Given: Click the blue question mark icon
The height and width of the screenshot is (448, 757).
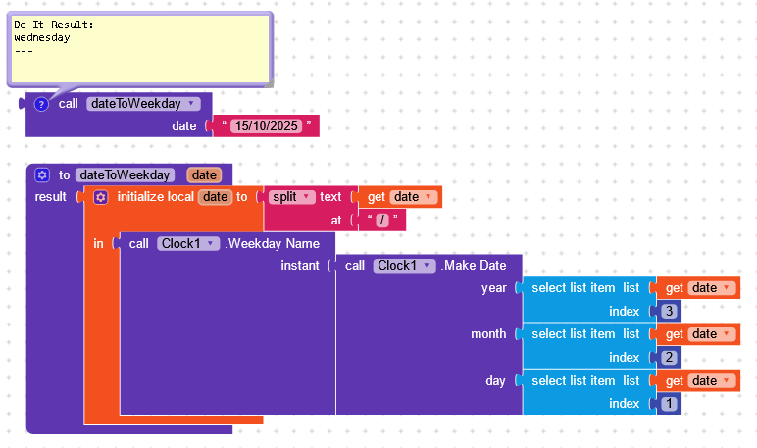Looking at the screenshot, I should point(41,104).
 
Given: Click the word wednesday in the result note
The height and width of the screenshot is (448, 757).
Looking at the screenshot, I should point(42,38).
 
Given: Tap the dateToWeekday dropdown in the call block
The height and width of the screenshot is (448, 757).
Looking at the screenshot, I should point(143,103).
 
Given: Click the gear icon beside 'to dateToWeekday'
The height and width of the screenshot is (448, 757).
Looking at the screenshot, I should point(42,174).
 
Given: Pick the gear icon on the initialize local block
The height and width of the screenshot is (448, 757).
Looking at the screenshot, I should point(100,197).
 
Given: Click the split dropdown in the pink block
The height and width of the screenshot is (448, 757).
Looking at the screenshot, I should point(291,197).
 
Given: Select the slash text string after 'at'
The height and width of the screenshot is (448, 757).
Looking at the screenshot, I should point(381,221).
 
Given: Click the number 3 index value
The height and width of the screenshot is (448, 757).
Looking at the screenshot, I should point(669,311).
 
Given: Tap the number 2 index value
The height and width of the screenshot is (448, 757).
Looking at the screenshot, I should point(669,358).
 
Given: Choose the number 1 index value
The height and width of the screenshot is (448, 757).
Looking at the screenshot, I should point(669,404).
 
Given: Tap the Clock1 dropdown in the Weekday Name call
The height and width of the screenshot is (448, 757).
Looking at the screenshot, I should point(187,242).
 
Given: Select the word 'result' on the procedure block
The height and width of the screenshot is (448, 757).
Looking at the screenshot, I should point(50,197).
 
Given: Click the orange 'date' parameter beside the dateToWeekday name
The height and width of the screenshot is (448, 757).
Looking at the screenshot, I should point(204,174).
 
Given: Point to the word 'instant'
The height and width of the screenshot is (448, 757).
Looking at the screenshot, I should point(300,266).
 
